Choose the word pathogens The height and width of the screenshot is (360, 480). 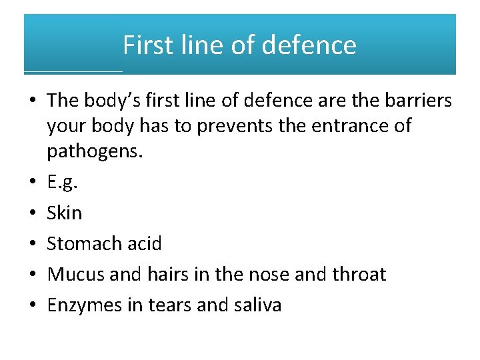tap(94, 151)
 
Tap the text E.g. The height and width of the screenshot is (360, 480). tap(61, 183)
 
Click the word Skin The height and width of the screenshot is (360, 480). tap(65, 213)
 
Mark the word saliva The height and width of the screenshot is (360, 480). tap(258, 305)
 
